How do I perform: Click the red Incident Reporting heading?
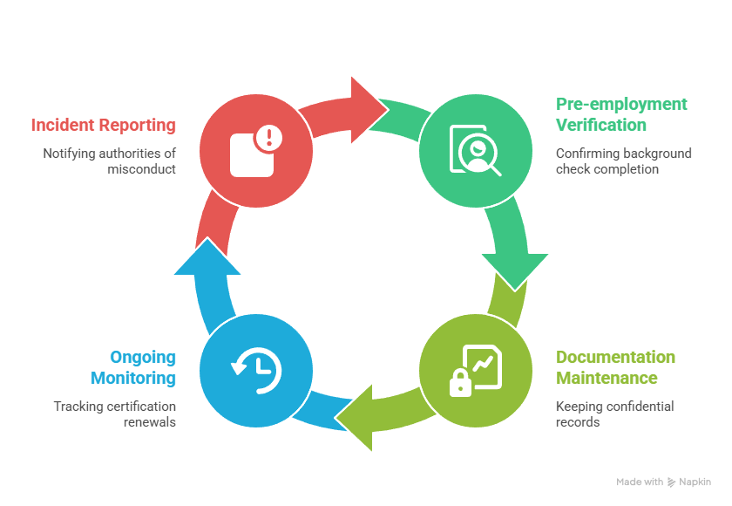(x=103, y=125)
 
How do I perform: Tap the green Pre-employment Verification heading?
(x=621, y=114)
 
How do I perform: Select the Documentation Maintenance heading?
(x=615, y=367)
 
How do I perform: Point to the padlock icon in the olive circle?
(x=460, y=381)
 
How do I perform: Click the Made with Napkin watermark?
(x=663, y=482)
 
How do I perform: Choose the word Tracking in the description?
(x=76, y=407)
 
